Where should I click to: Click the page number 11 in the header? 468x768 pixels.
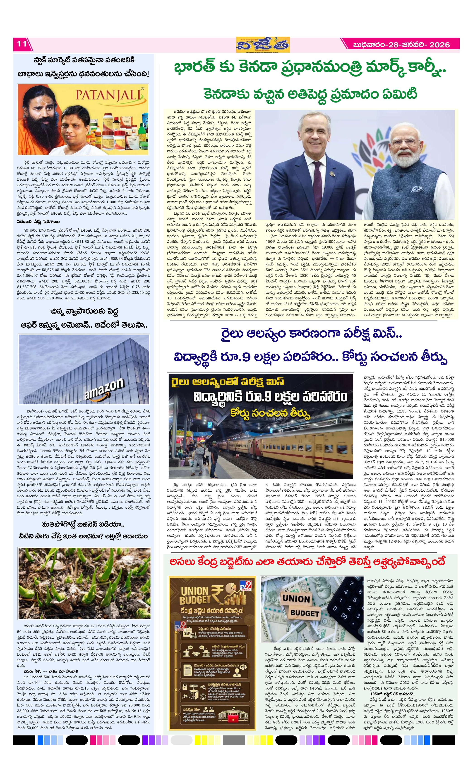[x=22, y=44]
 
